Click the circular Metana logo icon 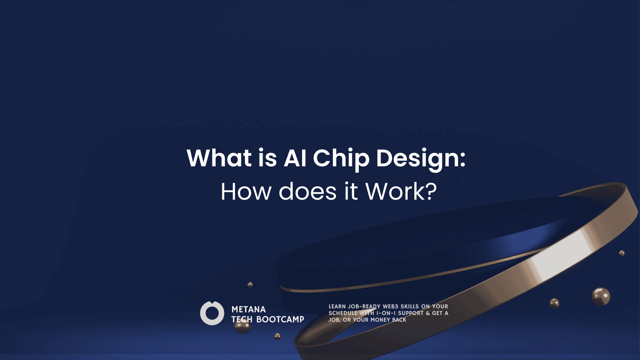212,313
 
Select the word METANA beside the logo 249,309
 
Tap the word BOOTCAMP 280,319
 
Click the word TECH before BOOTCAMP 242,319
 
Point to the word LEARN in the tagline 337,306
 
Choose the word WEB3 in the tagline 390,306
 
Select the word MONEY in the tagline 380,320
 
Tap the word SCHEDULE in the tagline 343,313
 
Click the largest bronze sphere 601,297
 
